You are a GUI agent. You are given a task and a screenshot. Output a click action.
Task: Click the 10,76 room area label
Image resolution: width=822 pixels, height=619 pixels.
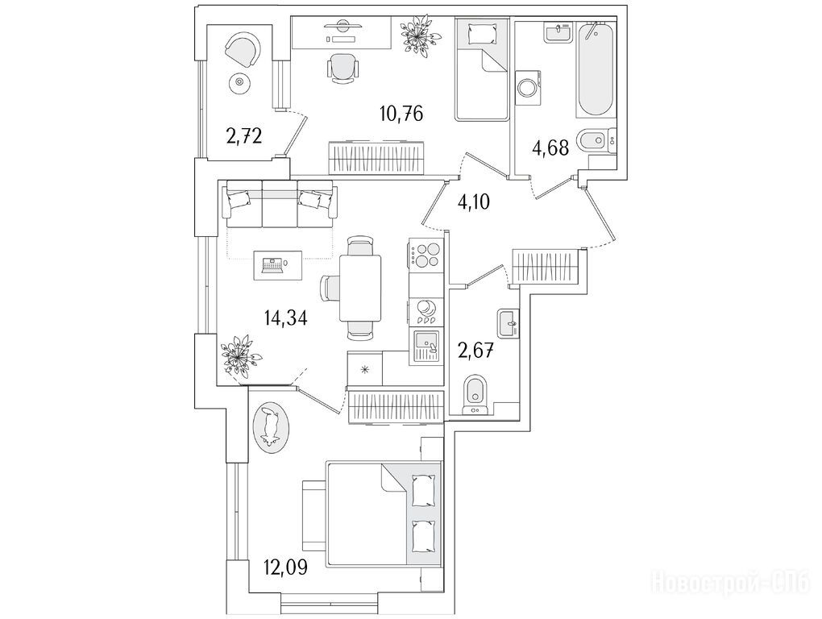[x=401, y=113]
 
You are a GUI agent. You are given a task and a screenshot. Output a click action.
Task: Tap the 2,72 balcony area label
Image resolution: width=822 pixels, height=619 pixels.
[x=243, y=135]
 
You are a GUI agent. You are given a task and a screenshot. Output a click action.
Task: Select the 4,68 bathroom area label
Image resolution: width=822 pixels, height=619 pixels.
[x=550, y=148]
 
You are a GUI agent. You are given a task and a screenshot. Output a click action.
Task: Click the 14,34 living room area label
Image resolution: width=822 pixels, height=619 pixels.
[x=285, y=317]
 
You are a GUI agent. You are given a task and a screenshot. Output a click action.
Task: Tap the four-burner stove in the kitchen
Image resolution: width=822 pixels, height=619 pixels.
[x=426, y=254]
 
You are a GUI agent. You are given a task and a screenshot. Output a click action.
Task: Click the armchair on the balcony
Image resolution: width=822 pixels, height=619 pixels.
[x=241, y=51]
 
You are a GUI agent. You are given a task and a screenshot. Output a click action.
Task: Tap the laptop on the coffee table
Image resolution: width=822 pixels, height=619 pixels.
[x=271, y=264]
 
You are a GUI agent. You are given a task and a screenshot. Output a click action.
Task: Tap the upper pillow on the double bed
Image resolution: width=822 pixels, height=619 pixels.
[x=421, y=489]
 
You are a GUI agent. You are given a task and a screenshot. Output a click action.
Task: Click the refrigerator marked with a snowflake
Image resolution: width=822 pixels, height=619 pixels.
[x=365, y=369]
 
